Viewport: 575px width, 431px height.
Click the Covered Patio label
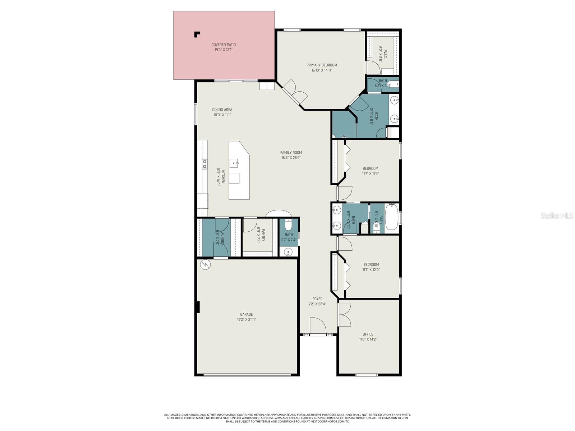(224, 45)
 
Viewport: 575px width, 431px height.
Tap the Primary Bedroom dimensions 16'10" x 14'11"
(322, 70)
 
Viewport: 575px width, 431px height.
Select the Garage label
(247, 314)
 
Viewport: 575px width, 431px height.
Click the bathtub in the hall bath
(392, 217)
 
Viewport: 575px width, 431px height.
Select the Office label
(368, 334)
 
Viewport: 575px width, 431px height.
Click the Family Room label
(291, 153)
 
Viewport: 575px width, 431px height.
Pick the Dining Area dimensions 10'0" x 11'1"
(222, 115)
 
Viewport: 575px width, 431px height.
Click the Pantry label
(263, 235)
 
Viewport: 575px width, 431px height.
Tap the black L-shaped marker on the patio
(197, 34)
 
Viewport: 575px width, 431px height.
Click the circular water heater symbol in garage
(205, 265)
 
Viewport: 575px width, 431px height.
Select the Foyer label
(317, 299)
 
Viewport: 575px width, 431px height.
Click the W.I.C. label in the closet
(385, 54)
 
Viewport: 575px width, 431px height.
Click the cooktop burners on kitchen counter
(204, 164)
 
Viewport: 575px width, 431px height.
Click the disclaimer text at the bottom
(287, 418)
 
